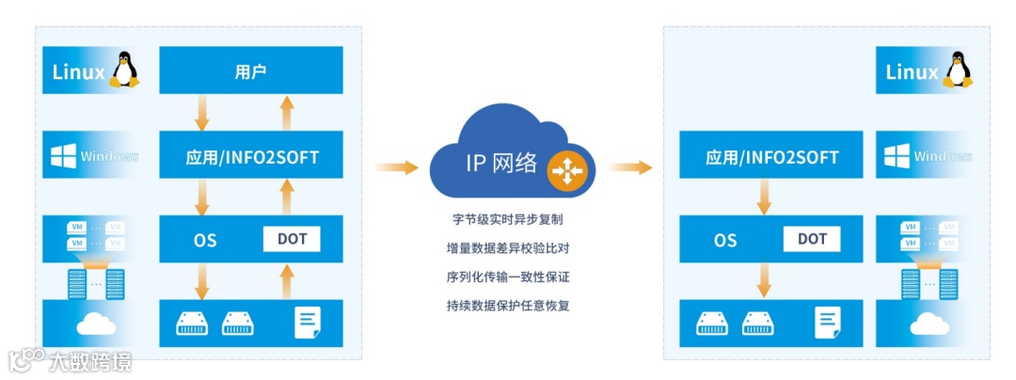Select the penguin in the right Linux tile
coord(958,71)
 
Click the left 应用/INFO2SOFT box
coord(252,157)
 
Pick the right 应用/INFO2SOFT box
coord(772,157)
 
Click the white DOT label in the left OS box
coord(292,239)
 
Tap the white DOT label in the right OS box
coord(812,239)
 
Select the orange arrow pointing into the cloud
coord(396,167)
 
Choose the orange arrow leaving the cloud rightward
coord(629,167)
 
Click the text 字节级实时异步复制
coord(508,219)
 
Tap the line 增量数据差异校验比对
coord(508,248)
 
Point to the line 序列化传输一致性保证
coord(508,277)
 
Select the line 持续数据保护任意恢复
coord(508,306)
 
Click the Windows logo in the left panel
coord(64,156)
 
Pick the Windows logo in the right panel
coord(897,156)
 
